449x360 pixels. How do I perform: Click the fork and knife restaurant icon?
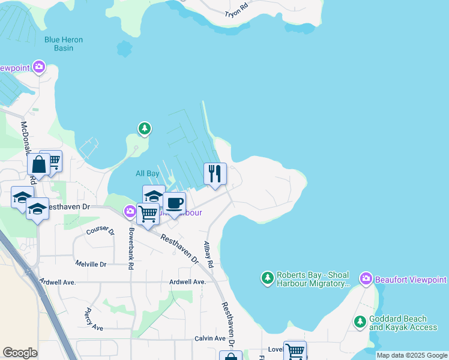tap(215, 174)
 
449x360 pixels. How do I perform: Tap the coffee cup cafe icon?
tap(174, 203)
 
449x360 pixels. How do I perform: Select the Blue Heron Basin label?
tap(64, 44)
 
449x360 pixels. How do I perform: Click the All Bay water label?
tap(147, 174)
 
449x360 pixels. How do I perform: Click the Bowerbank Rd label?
tap(130, 247)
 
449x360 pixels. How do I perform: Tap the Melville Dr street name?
tap(91, 264)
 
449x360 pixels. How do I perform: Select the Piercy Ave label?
tap(94, 319)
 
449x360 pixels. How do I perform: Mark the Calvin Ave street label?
tap(209, 339)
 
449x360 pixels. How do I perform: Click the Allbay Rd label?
tap(208, 254)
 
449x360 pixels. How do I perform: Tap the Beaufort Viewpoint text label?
tap(411, 280)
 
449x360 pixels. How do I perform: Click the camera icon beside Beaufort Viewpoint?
tap(366, 278)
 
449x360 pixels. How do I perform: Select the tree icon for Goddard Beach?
tap(360, 322)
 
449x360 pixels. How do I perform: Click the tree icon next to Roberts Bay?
tap(267, 278)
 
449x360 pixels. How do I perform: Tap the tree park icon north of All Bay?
tap(144, 128)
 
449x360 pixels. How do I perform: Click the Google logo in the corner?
tap(20, 353)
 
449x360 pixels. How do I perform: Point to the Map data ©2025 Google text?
tap(412, 356)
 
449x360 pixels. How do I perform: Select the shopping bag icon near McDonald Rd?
tap(38, 164)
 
